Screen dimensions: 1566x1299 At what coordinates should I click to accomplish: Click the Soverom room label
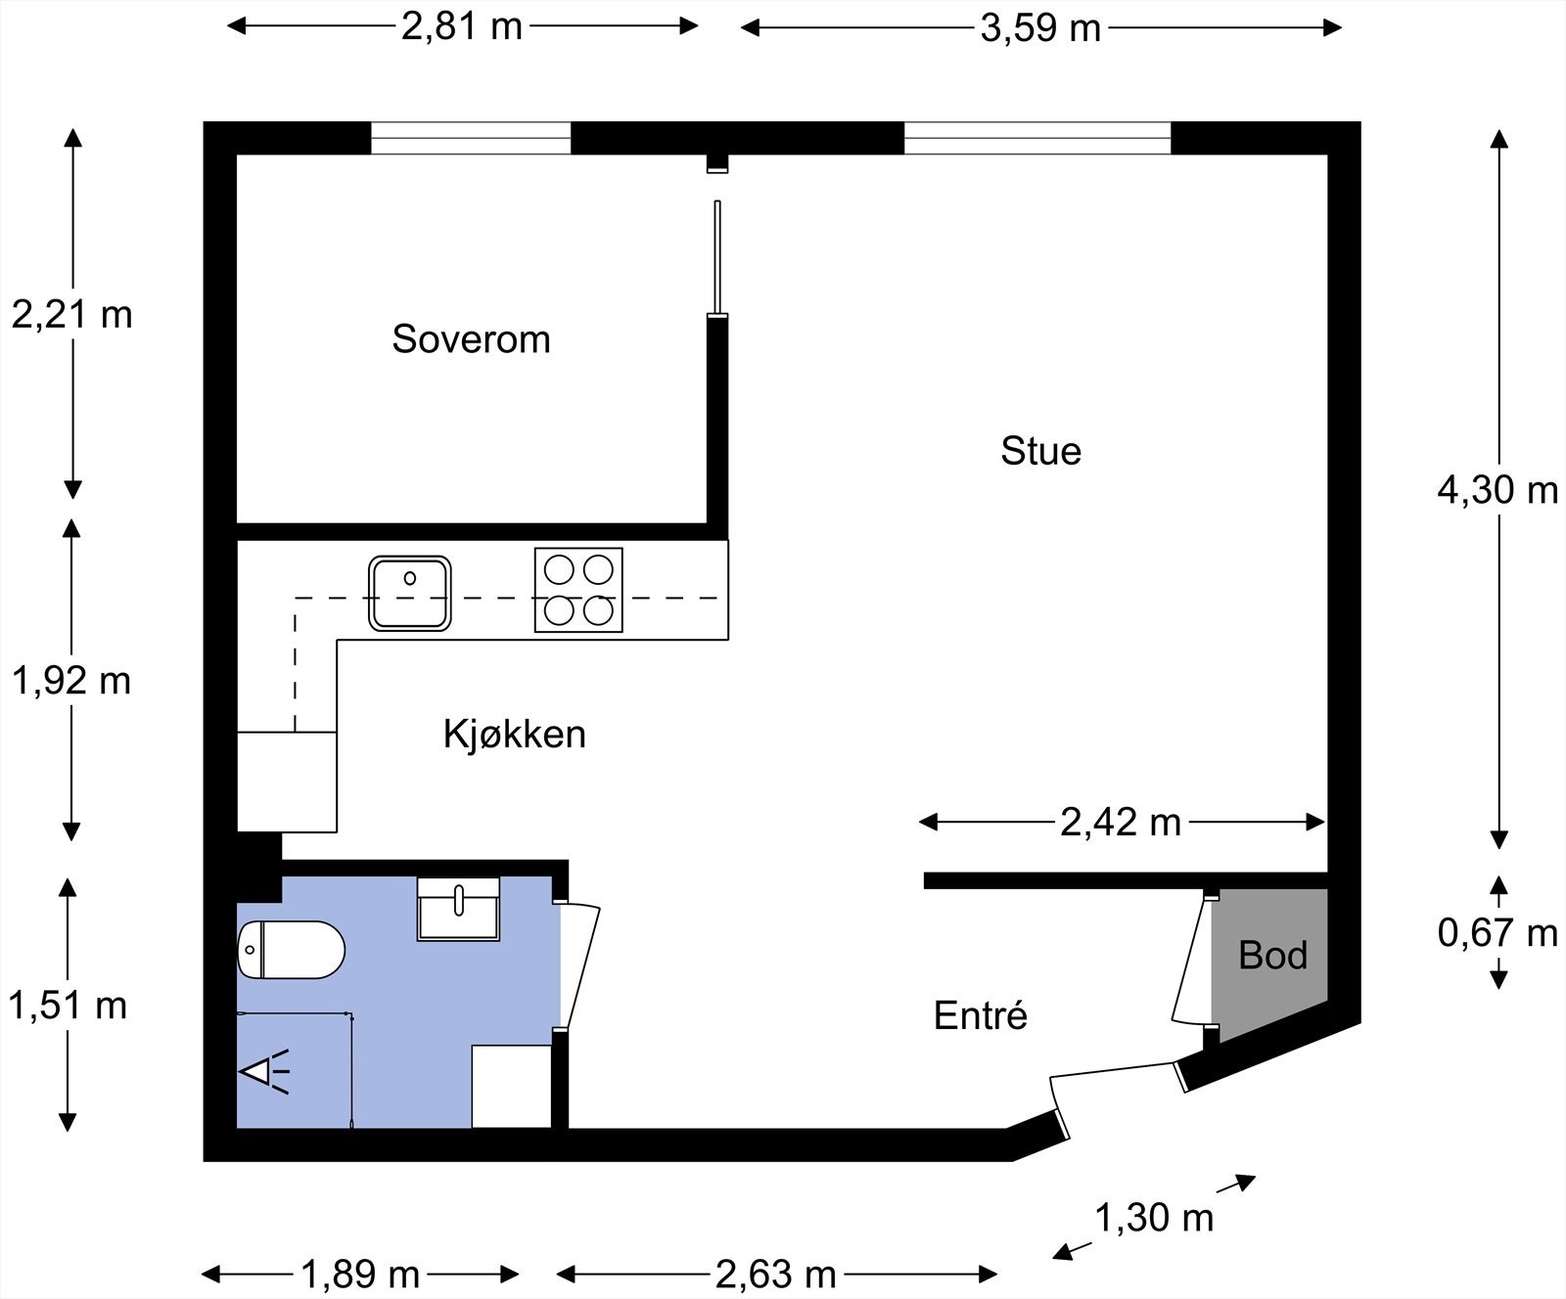pyautogui.click(x=471, y=339)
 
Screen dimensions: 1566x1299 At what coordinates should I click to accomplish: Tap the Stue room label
pyautogui.click(x=1040, y=451)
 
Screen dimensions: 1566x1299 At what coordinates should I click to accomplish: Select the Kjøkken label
pyautogui.click(x=514, y=734)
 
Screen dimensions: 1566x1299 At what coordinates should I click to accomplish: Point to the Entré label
pyautogui.click(x=980, y=1015)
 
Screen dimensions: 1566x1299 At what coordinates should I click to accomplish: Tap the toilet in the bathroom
pyautogui.click(x=292, y=949)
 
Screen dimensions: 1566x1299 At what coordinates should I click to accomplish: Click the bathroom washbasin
pyautogui.click(x=458, y=909)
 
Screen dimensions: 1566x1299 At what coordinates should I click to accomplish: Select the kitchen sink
pyautogui.click(x=410, y=593)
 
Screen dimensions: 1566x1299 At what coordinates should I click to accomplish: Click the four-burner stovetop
pyautogui.click(x=578, y=590)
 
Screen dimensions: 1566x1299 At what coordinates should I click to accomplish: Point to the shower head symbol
pyautogui.click(x=264, y=1071)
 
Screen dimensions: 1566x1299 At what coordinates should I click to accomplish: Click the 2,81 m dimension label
pyautogui.click(x=461, y=26)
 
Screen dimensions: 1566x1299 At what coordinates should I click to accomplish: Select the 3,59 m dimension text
pyautogui.click(x=1040, y=28)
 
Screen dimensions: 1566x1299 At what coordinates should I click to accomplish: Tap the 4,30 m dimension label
pyautogui.click(x=1497, y=489)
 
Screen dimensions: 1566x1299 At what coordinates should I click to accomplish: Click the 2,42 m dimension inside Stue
pyautogui.click(x=1121, y=823)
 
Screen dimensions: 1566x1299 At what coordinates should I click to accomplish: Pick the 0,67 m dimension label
pyautogui.click(x=1497, y=933)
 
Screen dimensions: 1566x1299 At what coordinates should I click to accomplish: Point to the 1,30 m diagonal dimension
pyautogui.click(x=1154, y=1218)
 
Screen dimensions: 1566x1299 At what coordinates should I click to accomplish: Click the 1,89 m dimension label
pyautogui.click(x=360, y=1275)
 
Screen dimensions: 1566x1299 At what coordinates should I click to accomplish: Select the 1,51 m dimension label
pyautogui.click(x=68, y=1005)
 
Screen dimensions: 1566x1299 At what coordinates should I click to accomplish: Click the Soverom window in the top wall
pyautogui.click(x=471, y=138)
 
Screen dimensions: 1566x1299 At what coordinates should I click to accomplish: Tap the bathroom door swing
pyautogui.click(x=578, y=965)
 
